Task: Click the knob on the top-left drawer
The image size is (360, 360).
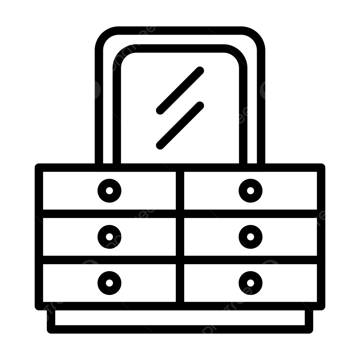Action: point(109,190)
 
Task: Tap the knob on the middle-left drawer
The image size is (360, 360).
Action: point(109,237)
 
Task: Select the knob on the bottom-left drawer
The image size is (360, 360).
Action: point(109,283)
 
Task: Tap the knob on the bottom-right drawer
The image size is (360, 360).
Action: point(250,283)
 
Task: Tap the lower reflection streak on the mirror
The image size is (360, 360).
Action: point(180,125)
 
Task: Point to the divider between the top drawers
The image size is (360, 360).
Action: point(180,190)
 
